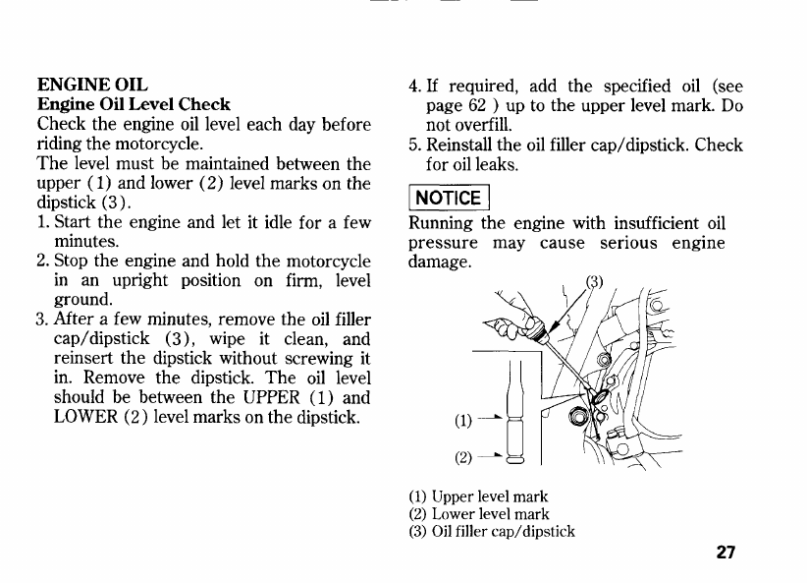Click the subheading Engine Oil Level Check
coord(134,104)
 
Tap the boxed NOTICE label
coord(447,198)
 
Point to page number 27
coord(726,552)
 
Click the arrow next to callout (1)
coord(494,423)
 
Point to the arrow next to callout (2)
coord(494,457)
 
